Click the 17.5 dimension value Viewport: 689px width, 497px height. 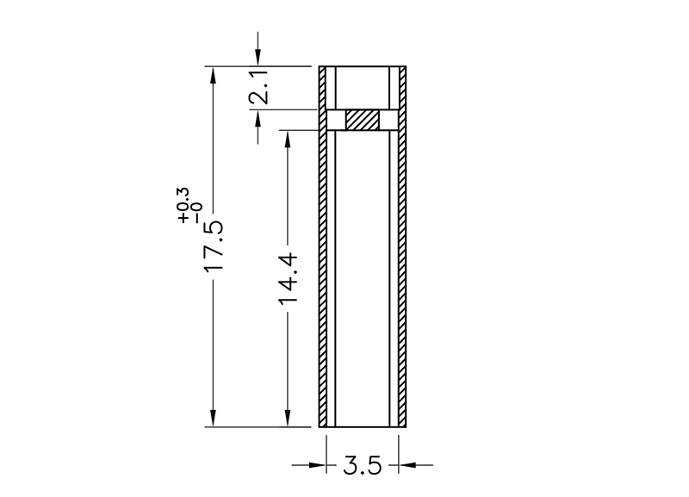tap(214, 245)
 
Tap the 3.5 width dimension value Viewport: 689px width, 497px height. tap(363, 465)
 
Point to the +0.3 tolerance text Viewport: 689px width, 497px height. tap(183, 205)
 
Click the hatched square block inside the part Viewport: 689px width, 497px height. tap(362, 120)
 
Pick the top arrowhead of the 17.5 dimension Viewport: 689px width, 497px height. tap(213, 75)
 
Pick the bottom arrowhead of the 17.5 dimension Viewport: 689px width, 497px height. tap(213, 418)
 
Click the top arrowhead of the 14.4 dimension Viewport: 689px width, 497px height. tap(288, 139)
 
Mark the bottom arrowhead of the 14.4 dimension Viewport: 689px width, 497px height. tap(288, 418)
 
